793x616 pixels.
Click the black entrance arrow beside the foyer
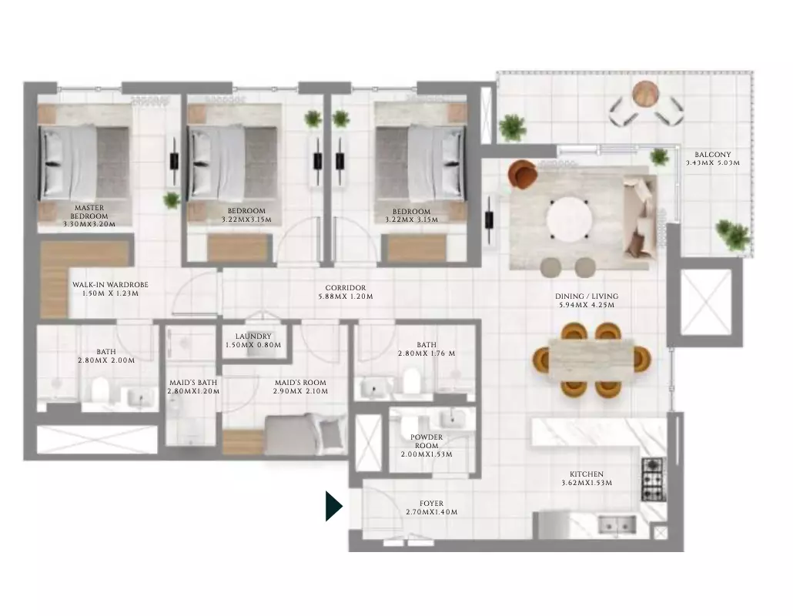pos(334,506)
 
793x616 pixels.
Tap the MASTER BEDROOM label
pos(89,216)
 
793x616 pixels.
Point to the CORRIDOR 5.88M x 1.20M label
pos(346,292)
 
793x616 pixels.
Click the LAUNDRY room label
pos(253,340)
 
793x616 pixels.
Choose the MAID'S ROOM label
pos(300,387)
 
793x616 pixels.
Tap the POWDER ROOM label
pos(427,446)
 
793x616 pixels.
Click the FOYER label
pos(431,507)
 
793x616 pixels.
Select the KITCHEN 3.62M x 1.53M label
pos(587,478)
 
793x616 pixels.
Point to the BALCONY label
pos(713,159)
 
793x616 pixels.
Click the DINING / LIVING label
pos(587,300)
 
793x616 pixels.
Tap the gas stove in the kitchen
pos(654,479)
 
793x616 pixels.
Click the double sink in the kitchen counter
pos(617,524)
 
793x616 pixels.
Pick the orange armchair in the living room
pos(523,174)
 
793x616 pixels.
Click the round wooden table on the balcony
pos(646,94)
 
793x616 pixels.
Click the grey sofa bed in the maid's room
pos(306,434)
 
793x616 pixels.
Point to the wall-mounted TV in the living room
pos(489,220)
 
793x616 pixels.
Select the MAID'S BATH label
pos(193,387)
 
